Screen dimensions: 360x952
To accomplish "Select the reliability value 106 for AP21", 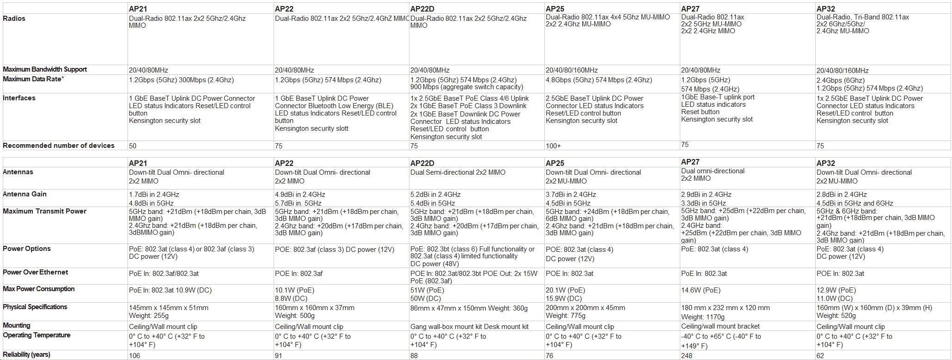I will pos(134,355).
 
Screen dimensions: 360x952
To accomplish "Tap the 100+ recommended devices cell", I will pos(553,146).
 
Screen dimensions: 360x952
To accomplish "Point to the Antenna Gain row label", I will pos(24,194).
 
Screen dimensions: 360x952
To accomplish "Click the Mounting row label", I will pos(17,325).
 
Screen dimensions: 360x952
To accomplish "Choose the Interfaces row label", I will pos(19,98).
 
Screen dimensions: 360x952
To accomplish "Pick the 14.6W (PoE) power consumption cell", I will pos(701,290).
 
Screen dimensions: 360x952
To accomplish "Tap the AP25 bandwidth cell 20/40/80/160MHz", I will pos(572,70).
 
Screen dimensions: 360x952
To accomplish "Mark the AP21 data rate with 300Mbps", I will pos(181,80).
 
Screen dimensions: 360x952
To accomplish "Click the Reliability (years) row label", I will pos(26,354).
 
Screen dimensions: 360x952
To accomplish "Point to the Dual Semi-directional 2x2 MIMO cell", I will pos(458,172).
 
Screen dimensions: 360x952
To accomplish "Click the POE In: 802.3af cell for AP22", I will pos(299,274).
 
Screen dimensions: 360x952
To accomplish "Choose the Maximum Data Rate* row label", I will pos(33,79).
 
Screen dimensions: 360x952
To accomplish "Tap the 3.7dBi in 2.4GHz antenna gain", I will pos(571,195).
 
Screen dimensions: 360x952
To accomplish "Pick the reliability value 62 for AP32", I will pos(820,355).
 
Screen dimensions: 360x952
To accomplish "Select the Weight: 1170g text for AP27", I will pos(702,317).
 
